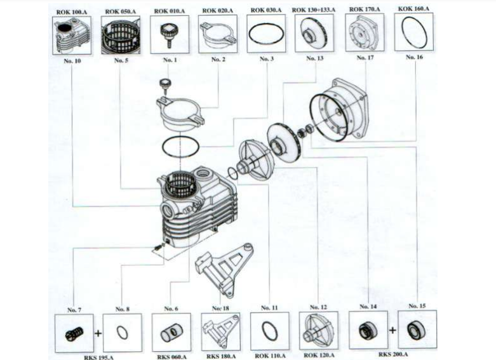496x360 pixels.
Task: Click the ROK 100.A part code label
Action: [70, 11]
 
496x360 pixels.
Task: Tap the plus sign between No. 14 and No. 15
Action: [392, 331]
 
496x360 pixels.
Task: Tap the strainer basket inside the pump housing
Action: [176, 183]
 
